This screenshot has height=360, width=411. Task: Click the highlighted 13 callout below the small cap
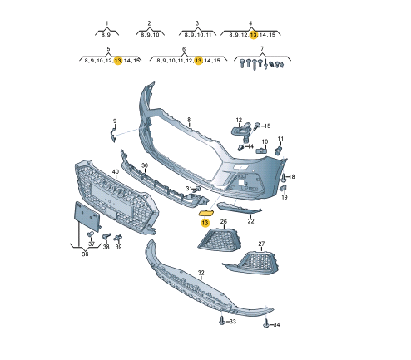(x=205, y=223)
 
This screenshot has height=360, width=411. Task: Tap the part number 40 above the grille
(x=116, y=172)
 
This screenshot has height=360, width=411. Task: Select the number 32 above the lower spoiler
(x=201, y=273)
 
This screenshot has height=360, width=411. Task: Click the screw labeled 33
(x=222, y=321)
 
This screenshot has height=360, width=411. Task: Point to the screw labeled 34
(x=266, y=323)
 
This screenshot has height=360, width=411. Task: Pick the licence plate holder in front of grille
(x=87, y=217)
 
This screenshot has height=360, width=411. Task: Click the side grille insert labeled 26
(x=219, y=239)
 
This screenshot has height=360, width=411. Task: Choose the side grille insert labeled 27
(x=252, y=263)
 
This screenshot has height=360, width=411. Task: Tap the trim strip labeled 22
(x=239, y=208)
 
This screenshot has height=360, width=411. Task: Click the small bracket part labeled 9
(x=113, y=135)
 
